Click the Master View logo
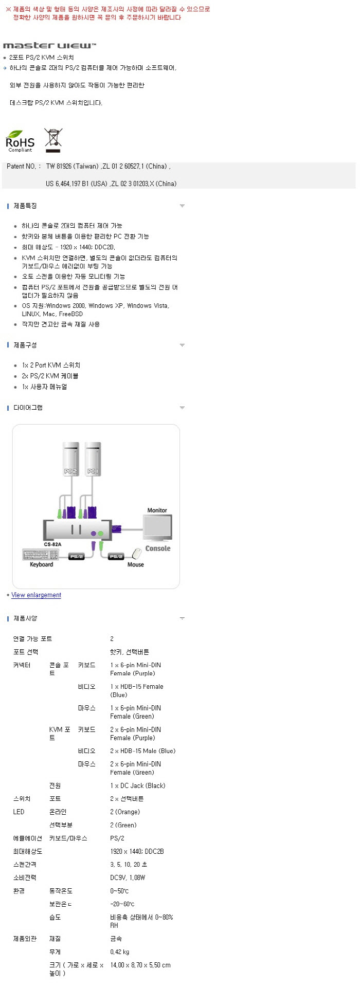coord(49,46)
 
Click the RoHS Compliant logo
coord(20,142)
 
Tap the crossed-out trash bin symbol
coord(53,140)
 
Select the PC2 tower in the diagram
coord(70,459)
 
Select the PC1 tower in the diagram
coord(93,459)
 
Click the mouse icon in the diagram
coord(137,554)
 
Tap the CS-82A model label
coord(52,544)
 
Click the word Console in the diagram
coord(158,548)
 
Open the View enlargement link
coord(36,595)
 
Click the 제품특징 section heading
coord(25,206)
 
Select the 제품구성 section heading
coord(25,345)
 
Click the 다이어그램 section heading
coord(28,408)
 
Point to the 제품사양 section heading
coord(25,618)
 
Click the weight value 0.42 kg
coord(120,952)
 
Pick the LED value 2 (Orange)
coord(125,812)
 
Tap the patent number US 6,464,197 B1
coord(77,184)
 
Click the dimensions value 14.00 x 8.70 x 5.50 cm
coord(140,965)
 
